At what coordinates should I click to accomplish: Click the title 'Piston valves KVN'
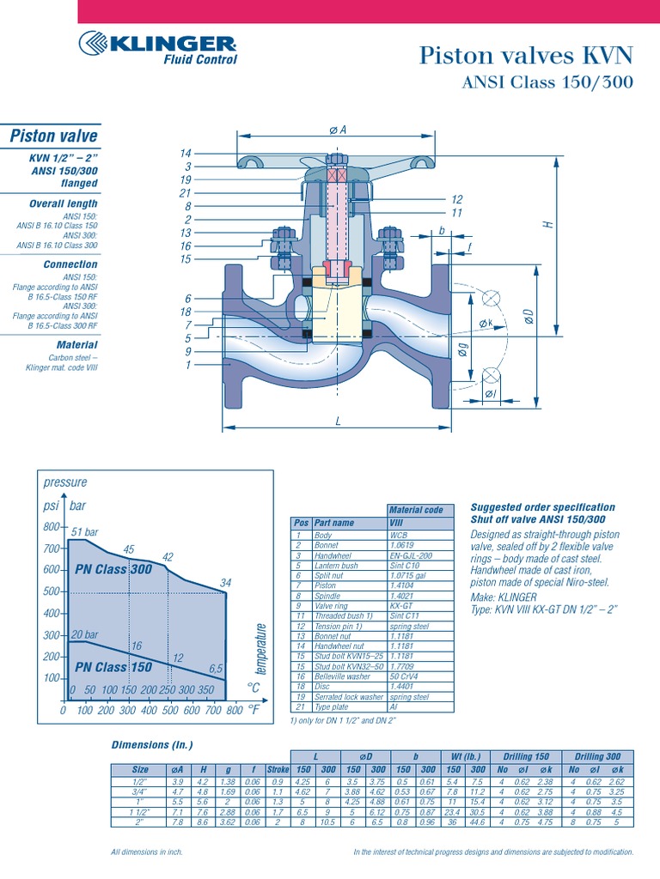(525, 56)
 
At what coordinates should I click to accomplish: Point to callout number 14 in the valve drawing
(185, 154)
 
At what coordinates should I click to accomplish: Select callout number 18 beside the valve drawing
(185, 312)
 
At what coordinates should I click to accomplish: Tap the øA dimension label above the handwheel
(338, 130)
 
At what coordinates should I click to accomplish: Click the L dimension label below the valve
(339, 421)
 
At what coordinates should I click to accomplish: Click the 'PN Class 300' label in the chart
(113, 569)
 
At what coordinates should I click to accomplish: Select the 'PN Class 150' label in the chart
(113, 667)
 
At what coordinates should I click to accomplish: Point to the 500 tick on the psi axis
(52, 591)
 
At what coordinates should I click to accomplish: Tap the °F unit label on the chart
(254, 710)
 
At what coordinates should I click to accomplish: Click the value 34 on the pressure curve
(226, 584)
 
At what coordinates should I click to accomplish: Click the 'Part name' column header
(334, 522)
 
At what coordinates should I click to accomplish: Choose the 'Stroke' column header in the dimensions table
(278, 770)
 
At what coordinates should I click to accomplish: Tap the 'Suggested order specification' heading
(542, 507)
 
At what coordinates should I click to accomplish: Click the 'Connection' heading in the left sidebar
(70, 264)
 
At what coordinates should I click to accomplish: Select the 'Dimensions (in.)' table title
(152, 744)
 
